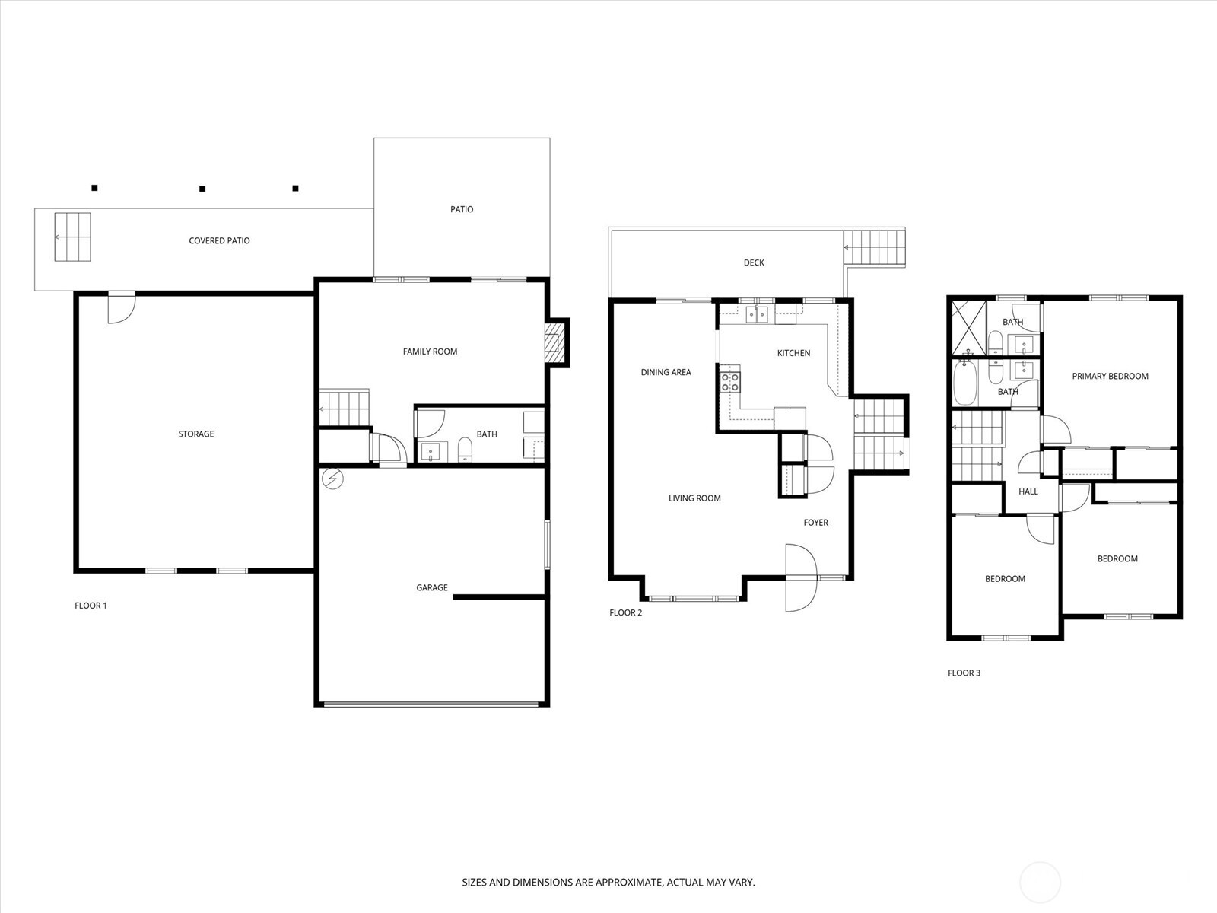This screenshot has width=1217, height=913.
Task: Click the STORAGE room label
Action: [x=195, y=434]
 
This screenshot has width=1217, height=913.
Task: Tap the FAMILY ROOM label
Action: [x=430, y=352]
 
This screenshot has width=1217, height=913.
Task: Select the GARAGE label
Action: [x=432, y=587]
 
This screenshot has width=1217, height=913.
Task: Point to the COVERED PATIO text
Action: [x=219, y=240]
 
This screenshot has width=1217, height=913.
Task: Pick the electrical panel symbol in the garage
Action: [x=332, y=479]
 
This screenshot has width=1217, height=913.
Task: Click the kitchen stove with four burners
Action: [x=729, y=382]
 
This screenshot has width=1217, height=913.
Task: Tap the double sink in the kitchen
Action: [x=757, y=314]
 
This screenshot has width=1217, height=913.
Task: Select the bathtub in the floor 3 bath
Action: [x=965, y=383]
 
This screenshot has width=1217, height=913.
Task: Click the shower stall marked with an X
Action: [x=969, y=327]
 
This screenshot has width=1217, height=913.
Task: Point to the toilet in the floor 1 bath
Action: [x=465, y=450]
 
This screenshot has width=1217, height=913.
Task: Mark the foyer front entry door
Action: [x=801, y=577]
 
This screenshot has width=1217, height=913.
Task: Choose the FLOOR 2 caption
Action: [x=625, y=612]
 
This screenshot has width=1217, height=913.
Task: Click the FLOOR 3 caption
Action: [x=964, y=673]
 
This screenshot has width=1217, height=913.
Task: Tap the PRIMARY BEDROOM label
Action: [x=1110, y=377]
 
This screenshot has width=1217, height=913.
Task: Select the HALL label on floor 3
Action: [x=1028, y=491]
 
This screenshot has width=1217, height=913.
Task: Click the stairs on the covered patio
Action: [x=72, y=237]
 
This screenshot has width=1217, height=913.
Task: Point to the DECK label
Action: [x=754, y=262]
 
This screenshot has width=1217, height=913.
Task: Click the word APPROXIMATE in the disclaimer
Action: [x=629, y=882]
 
